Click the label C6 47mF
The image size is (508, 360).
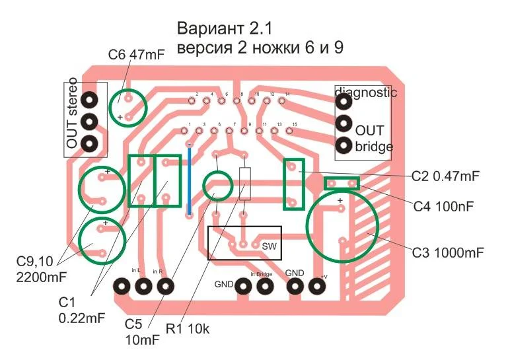[137, 56]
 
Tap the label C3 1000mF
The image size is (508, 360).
[449, 252]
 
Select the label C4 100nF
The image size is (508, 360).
[444, 206]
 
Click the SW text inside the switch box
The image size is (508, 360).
[268, 246]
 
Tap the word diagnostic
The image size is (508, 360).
[367, 92]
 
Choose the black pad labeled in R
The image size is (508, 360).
[164, 286]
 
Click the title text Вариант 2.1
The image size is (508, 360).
[225, 29]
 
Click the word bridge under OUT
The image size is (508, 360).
[374, 146]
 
